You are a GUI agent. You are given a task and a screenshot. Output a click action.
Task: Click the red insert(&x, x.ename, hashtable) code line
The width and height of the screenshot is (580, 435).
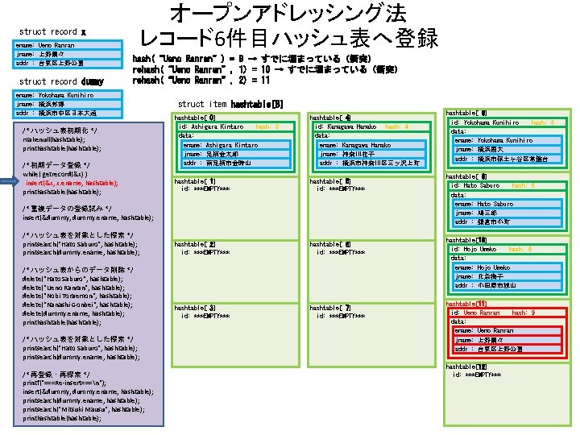(x=72, y=183)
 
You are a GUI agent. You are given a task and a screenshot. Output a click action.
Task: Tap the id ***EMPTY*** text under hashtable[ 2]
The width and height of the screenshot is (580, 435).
(x=205, y=251)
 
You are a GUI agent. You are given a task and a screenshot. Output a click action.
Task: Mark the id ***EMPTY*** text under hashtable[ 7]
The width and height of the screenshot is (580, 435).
(x=342, y=316)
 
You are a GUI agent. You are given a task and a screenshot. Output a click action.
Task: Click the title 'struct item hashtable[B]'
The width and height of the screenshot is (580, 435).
(x=230, y=104)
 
